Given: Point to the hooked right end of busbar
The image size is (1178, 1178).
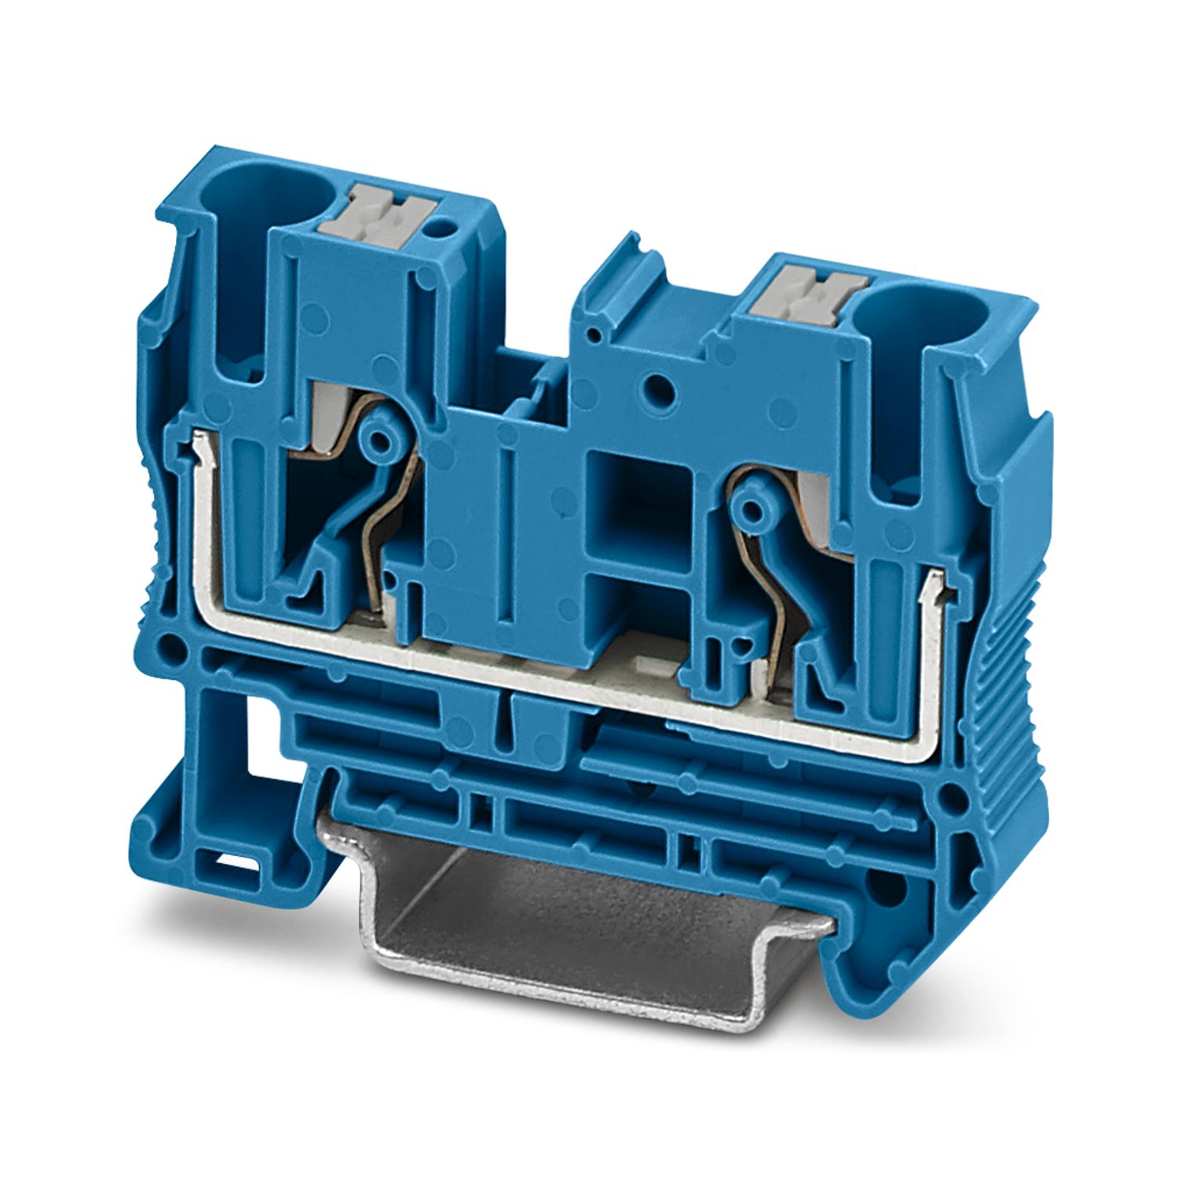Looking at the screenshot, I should pyautogui.click(x=934, y=584).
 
